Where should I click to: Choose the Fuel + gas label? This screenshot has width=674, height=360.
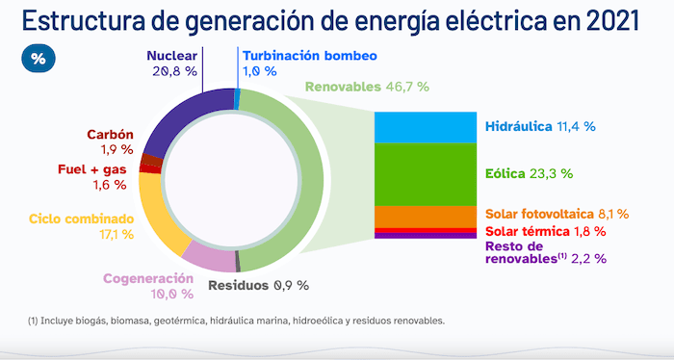[92, 169]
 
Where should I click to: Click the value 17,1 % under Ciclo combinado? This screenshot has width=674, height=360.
[115, 234]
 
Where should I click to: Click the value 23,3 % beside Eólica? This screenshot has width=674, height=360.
[552, 174]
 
